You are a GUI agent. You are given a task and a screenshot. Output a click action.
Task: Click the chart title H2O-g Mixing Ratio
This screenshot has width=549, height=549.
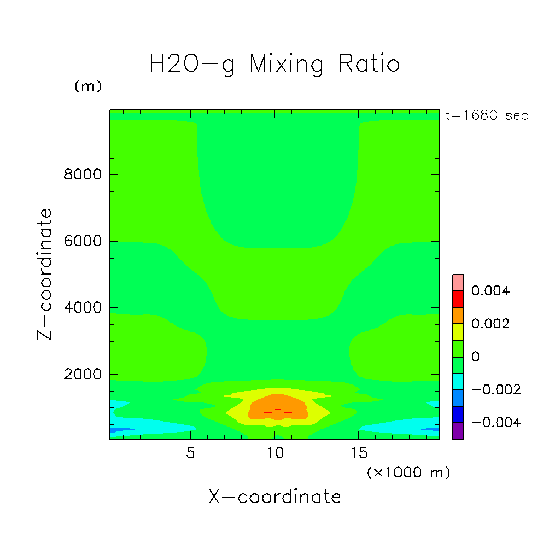coord(274,64)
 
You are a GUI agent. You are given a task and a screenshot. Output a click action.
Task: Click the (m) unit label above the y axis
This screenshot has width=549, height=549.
coord(88,86)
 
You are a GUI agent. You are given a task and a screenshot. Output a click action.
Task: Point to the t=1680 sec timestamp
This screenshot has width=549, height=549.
coord(487,115)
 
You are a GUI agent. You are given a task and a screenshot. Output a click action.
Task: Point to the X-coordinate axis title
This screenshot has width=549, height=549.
coord(274,497)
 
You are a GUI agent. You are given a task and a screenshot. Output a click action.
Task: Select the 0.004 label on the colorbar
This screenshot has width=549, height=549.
coord(490,291)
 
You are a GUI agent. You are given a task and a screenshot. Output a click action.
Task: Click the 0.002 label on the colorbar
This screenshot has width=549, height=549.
coord(490,324)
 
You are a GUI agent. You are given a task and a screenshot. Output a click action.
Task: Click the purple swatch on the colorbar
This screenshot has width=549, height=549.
coord(458,431)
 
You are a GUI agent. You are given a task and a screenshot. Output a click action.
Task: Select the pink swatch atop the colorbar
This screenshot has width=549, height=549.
coord(458,282)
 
